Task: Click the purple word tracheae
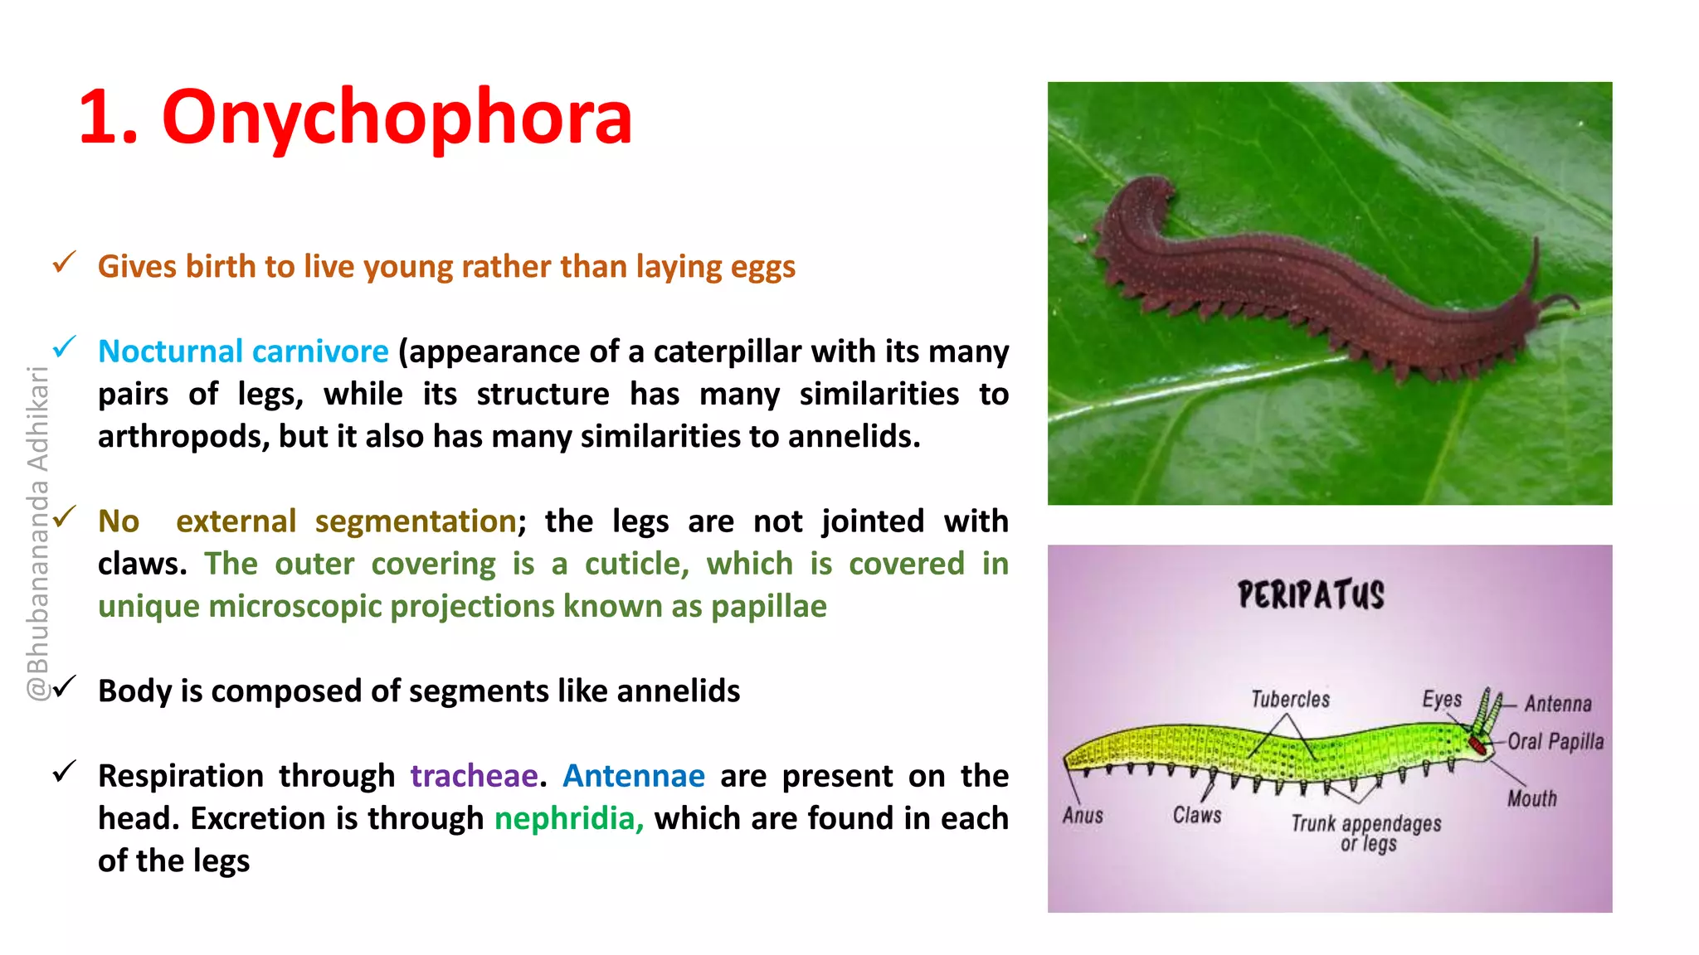[x=474, y=776]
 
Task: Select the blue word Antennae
[x=634, y=776]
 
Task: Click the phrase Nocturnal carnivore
[x=243, y=351]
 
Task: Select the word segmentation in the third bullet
[x=416, y=521]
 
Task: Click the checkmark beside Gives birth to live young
[x=64, y=263]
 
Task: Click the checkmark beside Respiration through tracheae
[x=64, y=772]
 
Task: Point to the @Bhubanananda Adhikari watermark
[x=38, y=535]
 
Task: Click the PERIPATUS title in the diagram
[x=1311, y=595]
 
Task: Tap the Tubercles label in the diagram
[x=1290, y=700]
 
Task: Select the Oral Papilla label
[x=1555, y=741]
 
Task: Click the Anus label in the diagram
[x=1083, y=816]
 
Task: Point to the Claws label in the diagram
[x=1197, y=816]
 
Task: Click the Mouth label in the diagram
[x=1531, y=798]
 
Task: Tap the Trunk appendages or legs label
[x=1366, y=832]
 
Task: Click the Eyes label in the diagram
[x=1442, y=699]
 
